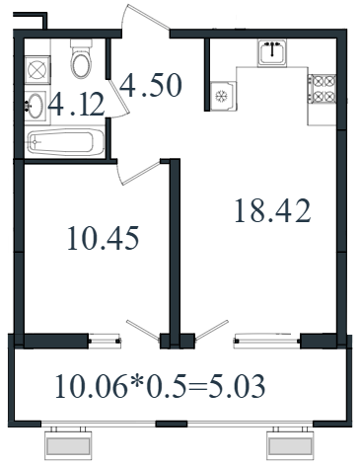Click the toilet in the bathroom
(81, 58)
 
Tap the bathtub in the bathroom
(66, 142)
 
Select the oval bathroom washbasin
(36, 106)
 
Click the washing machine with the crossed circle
(37, 69)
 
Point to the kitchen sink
(272, 52)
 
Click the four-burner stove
(322, 89)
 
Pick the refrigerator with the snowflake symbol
(223, 96)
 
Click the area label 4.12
(76, 105)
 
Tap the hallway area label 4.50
(151, 85)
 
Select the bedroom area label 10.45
(104, 238)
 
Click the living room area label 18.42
(272, 210)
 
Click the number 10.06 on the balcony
(91, 386)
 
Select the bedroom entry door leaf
(141, 173)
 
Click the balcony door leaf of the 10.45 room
(143, 330)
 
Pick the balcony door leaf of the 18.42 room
(212, 330)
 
